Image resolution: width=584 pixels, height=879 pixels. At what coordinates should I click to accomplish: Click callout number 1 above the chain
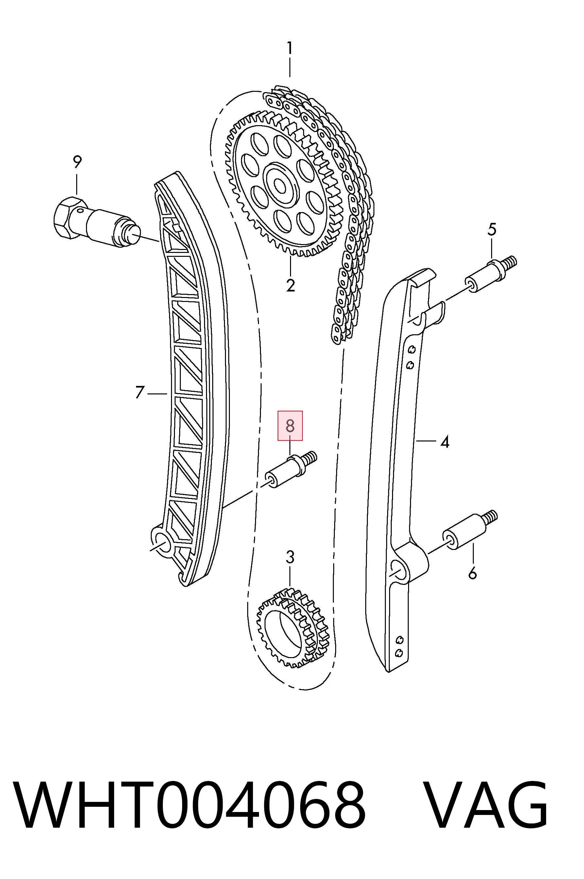click(289, 49)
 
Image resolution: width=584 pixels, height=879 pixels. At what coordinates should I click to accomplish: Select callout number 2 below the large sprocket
click(290, 285)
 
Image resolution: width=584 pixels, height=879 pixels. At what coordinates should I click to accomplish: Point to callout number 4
click(444, 442)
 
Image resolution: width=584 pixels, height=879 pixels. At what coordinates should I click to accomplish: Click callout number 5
click(492, 229)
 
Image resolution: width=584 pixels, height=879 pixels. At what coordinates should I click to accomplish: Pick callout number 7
click(139, 393)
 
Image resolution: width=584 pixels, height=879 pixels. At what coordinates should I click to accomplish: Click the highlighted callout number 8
click(290, 426)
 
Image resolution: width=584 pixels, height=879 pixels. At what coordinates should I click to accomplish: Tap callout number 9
click(77, 162)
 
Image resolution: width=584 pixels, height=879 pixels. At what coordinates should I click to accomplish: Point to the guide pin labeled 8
click(291, 470)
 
